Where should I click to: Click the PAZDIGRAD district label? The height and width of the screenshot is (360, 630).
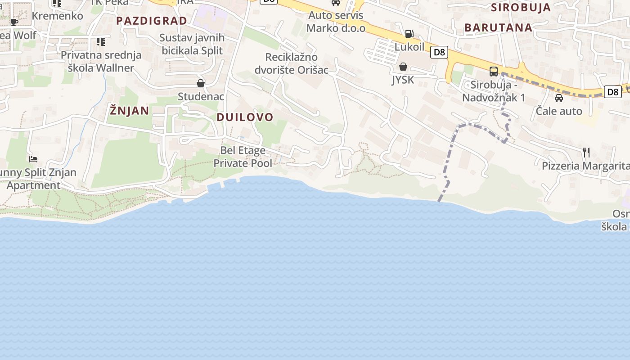click(x=152, y=21)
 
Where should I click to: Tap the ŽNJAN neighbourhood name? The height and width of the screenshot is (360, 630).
click(x=129, y=110)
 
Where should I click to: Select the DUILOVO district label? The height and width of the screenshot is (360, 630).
click(x=245, y=117)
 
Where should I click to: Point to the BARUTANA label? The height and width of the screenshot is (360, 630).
click(x=498, y=27)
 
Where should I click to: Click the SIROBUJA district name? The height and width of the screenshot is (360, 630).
click(x=521, y=7)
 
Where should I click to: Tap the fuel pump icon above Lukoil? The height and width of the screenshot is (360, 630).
click(x=409, y=33)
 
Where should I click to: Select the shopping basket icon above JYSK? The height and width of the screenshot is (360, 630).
click(x=403, y=67)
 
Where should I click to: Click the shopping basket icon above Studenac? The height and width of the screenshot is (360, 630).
click(x=201, y=83)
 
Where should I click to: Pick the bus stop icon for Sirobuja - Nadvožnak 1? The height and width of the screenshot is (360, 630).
click(x=494, y=71)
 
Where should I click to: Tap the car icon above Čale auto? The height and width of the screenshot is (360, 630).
click(x=559, y=98)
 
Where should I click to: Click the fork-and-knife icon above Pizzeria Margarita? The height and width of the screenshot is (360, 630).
click(x=586, y=152)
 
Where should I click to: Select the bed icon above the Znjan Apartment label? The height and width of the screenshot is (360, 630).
click(x=33, y=159)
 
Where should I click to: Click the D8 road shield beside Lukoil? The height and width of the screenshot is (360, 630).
click(x=439, y=52)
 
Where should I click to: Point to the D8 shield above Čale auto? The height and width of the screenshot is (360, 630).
click(x=612, y=92)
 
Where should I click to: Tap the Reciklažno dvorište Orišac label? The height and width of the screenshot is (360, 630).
click(x=291, y=63)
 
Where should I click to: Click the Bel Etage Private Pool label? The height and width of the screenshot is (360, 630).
click(x=243, y=157)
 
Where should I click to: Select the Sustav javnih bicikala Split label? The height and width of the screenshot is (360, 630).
click(x=192, y=44)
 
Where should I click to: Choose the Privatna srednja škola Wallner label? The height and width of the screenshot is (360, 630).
click(x=101, y=62)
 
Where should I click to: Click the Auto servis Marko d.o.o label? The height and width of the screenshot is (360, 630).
click(x=336, y=22)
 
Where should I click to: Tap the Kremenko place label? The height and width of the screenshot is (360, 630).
click(x=58, y=16)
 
